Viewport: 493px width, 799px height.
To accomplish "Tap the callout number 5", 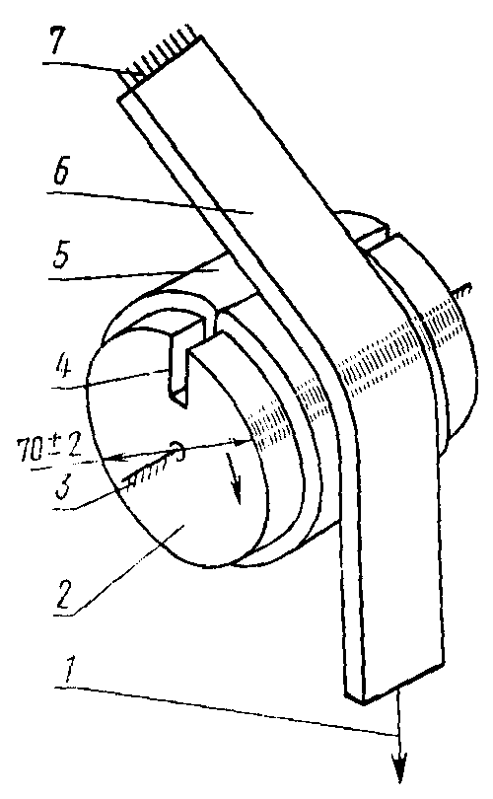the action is pos(60,258).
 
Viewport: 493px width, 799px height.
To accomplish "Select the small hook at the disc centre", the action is pos(176,449).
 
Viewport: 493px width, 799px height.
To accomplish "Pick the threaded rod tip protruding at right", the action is pos(461,293).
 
